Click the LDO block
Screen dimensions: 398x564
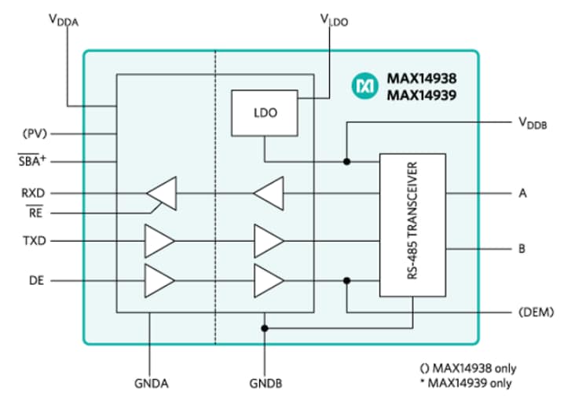264,112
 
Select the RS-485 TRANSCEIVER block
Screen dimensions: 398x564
412,225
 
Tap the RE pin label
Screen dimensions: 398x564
35,212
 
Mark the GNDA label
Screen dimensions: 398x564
151,385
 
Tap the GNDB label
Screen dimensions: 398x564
266,385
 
